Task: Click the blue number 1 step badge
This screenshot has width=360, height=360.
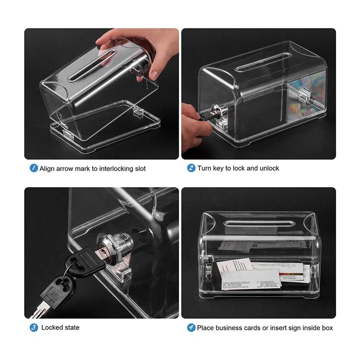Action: [x=34, y=168]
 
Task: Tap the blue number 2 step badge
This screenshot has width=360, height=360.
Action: [x=191, y=168]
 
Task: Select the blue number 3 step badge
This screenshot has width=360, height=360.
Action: [x=34, y=327]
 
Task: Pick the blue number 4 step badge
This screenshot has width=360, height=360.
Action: [x=191, y=327]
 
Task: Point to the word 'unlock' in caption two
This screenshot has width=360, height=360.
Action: [x=269, y=168]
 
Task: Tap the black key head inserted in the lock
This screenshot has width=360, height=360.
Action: [x=83, y=263]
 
